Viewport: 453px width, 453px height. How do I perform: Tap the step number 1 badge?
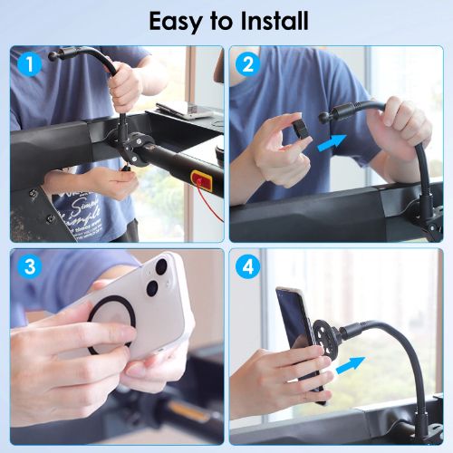tap(32, 66)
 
